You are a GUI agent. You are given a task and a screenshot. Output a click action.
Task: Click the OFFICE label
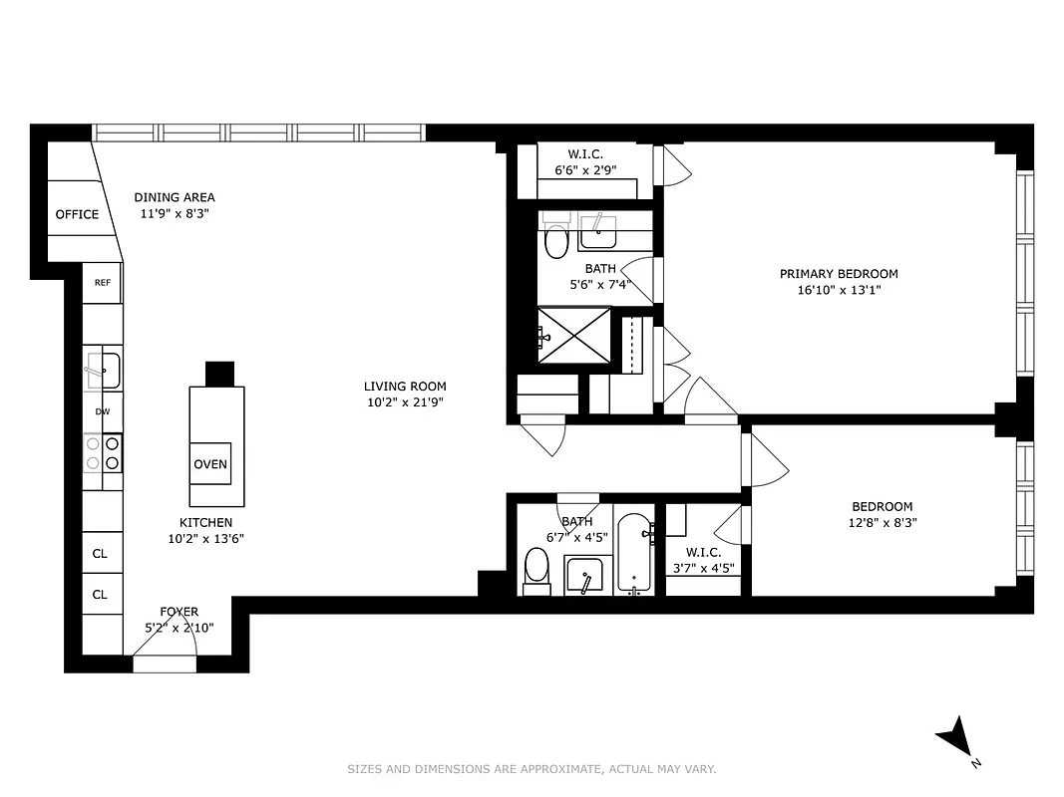click(77, 214)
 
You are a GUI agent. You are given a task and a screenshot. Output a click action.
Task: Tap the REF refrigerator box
click(102, 282)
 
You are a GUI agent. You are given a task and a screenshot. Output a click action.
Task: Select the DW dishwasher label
click(102, 411)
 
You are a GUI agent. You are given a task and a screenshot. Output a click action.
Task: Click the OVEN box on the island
click(210, 463)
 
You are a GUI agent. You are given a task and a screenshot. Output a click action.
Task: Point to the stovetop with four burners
click(102, 452)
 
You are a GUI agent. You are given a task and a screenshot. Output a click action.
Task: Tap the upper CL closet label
click(100, 554)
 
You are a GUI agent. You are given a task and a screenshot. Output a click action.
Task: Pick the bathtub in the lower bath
click(634, 554)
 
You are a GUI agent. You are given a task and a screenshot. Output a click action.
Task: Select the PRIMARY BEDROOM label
click(839, 274)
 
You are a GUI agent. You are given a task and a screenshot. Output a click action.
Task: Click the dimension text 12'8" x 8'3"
click(882, 522)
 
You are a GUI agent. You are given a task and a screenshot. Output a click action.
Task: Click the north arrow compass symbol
click(955, 738)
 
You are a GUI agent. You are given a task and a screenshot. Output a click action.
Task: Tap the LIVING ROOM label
click(405, 387)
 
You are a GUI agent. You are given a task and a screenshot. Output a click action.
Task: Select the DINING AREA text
click(175, 197)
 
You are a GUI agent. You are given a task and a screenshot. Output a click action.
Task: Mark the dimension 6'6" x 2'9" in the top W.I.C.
click(585, 169)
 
